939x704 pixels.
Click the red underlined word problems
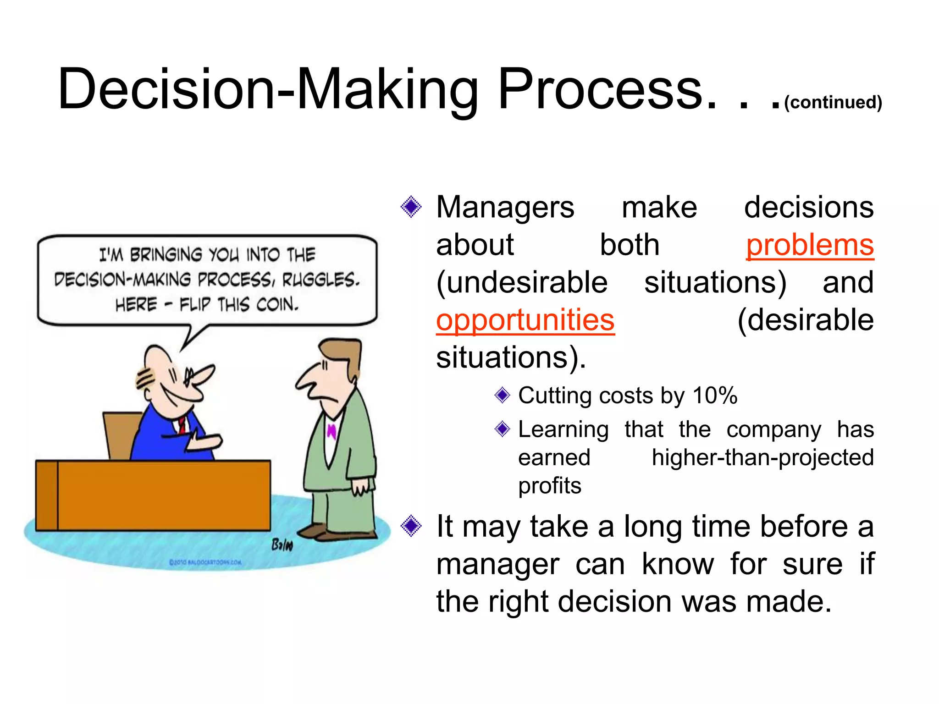[x=810, y=246]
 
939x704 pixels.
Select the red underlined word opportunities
[x=525, y=320]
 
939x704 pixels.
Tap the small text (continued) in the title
[x=833, y=102]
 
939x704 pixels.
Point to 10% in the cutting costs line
[x=715, y=396]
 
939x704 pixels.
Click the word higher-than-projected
[x=762, y=457]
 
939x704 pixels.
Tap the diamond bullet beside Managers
[x=411, y=207]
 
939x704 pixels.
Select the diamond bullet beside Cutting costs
[x=503, y=395]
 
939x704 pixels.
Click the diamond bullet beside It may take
[x=411, y=526]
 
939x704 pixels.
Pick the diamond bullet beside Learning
[x=503, y=429]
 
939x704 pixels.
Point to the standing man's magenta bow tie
[x=331, y=431]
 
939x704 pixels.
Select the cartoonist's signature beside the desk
[x=282, y=545]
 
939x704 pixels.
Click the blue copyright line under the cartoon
[x=205, y=562]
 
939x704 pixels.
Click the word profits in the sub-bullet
[x=549, y=486]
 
